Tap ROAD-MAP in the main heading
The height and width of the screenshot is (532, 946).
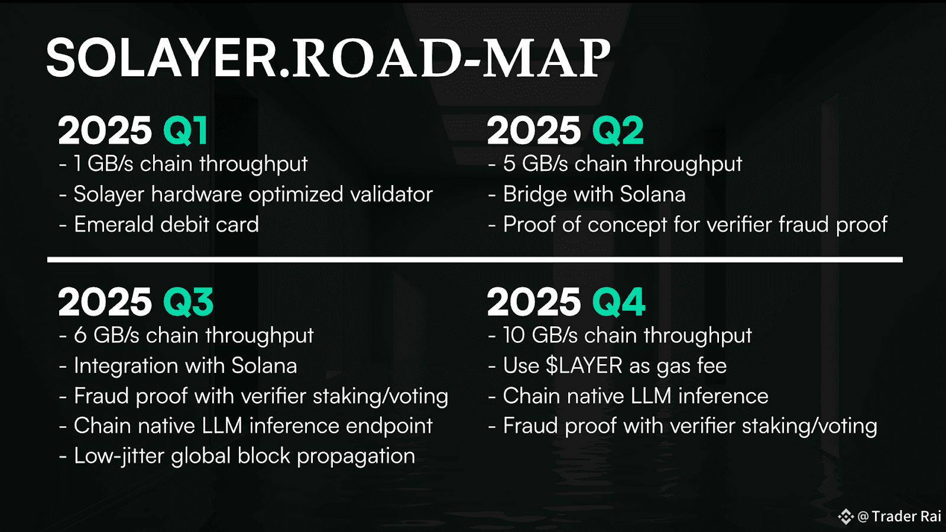click(451, 58)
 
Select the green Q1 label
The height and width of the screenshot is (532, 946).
click(186, 131)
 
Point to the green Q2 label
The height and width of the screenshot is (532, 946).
click(618, 131)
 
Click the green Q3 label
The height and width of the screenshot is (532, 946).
click(189, 302)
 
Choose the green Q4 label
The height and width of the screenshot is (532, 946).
click(618, 302)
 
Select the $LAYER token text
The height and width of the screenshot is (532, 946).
click(584, 366)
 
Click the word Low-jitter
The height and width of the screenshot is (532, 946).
click(119, 456)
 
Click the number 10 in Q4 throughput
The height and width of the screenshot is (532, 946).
click(514, 336)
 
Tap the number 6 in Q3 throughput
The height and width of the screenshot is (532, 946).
click(80, 336)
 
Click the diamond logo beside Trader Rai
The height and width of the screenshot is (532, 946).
click(846, 517)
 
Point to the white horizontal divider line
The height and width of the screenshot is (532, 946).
click(475, 259)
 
